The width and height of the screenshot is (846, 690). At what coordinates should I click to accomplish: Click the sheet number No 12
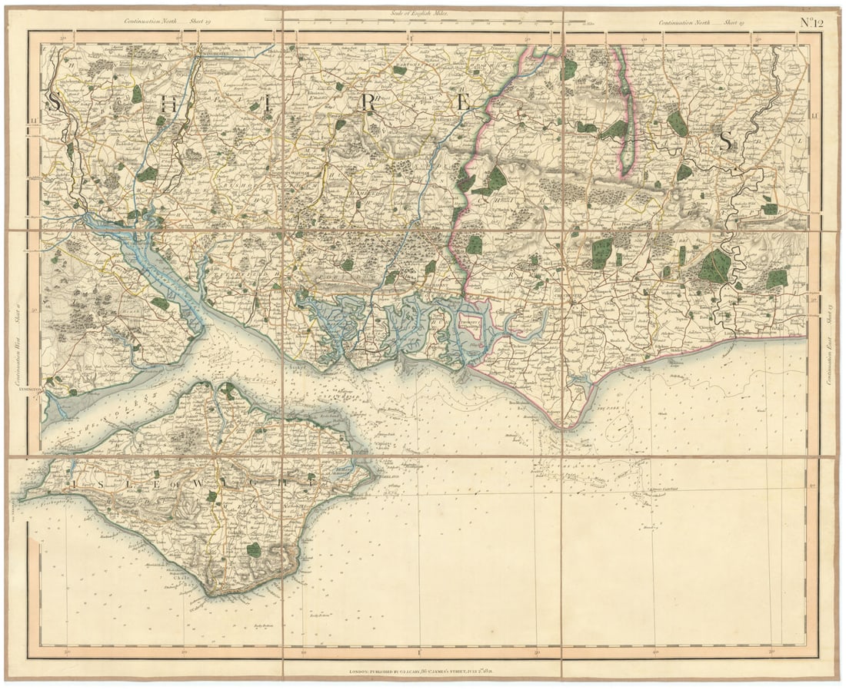tap(811, 22)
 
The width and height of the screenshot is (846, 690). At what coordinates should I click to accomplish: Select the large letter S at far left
tap(55, 101)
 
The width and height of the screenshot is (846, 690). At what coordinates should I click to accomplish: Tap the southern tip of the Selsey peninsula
tap(570, 427)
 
